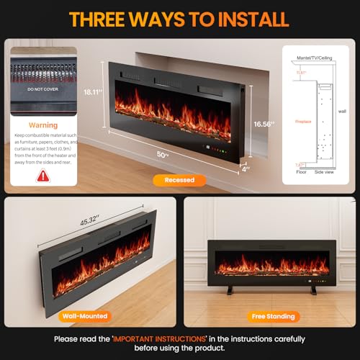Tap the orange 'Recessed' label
[178, 181]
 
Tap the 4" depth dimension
[246, 170]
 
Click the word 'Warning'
[42, 125]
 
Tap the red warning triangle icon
[43, 175]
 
